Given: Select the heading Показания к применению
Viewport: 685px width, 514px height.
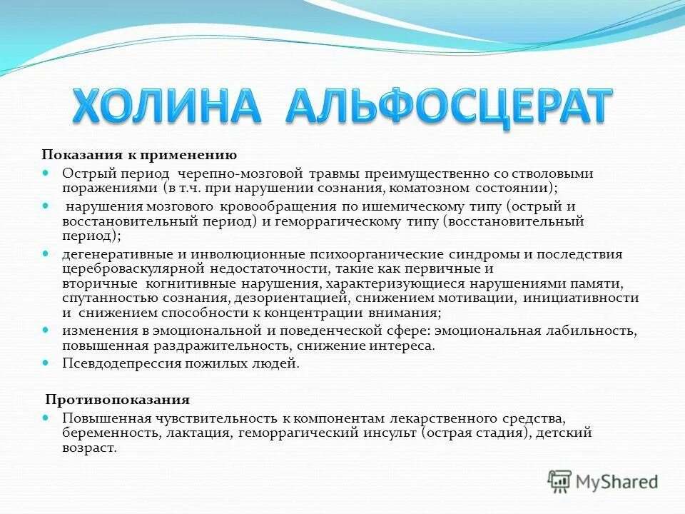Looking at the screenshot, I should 138,155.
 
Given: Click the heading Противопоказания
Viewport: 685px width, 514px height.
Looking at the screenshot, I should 118,400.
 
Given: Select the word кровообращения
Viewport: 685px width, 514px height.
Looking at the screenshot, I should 277,206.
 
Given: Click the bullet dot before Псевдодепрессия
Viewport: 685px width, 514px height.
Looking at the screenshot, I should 46,363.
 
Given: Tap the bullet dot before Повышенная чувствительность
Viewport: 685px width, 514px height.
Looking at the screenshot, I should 46,417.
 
